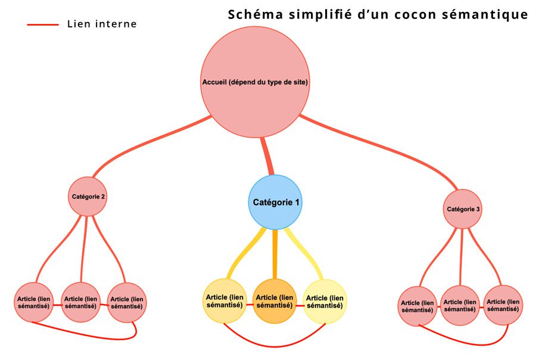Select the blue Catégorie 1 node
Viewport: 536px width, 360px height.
pos(275,202)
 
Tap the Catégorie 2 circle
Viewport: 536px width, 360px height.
pos(88,195)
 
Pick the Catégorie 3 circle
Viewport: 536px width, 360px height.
pos(463,209)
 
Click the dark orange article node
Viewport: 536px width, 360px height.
pos(275,301)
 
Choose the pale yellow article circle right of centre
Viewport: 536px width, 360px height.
pos(325,301)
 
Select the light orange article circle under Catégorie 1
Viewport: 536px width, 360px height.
pos(225,301)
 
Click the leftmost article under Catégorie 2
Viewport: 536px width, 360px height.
pos(33,302)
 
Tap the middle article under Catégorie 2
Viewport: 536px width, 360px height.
pos(80,302)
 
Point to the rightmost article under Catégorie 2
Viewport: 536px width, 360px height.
pos(126,302)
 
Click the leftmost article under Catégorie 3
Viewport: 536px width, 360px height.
pos(417,306)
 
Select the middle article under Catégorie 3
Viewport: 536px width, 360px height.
pos(460,306)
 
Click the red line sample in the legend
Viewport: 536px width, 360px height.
pos(43,24)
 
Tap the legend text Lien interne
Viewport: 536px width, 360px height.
pos(102,24)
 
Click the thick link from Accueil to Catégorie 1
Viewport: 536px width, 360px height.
pos(266,156)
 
